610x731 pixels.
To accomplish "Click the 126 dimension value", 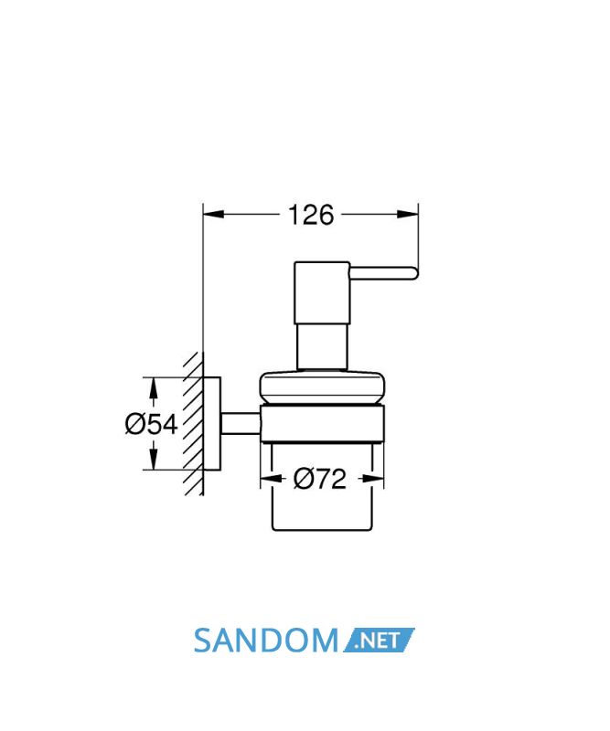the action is (311, 215).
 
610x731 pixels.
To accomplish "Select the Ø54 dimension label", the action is (152, 424).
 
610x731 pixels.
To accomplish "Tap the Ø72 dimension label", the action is (320, 479).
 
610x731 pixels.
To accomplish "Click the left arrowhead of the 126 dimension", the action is (214, 214).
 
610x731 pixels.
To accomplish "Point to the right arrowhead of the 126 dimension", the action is (408, 214).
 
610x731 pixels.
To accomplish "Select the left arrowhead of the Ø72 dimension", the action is (271, 479).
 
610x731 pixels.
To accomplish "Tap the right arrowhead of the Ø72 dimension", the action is (373, 479).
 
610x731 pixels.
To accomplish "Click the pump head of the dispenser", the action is (322, 293).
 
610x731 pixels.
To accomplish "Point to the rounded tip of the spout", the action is (413, 273).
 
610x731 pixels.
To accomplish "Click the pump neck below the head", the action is (322, 347).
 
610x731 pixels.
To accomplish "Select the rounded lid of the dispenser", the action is (322, 387).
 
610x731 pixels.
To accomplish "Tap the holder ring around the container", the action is (322, 423).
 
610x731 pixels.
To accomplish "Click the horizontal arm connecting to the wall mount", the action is (241, 424).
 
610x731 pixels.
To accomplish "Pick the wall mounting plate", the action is (212, 423).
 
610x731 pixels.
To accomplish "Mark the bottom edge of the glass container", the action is (322, 530).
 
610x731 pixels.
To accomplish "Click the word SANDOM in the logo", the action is (265, 641).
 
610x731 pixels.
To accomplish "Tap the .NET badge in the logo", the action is (379, 641).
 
